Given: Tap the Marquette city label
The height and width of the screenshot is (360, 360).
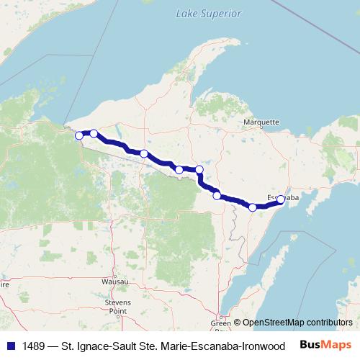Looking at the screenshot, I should [260, 122].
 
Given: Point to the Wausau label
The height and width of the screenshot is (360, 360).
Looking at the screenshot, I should [115, 282].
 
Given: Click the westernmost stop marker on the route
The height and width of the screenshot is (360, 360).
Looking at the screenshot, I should [78, 134].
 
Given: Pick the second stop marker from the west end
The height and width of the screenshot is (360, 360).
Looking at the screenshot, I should [94, 133].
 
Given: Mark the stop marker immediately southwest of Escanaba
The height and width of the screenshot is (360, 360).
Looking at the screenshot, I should [253, 207].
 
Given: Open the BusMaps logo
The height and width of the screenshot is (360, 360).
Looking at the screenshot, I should [326, 344].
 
